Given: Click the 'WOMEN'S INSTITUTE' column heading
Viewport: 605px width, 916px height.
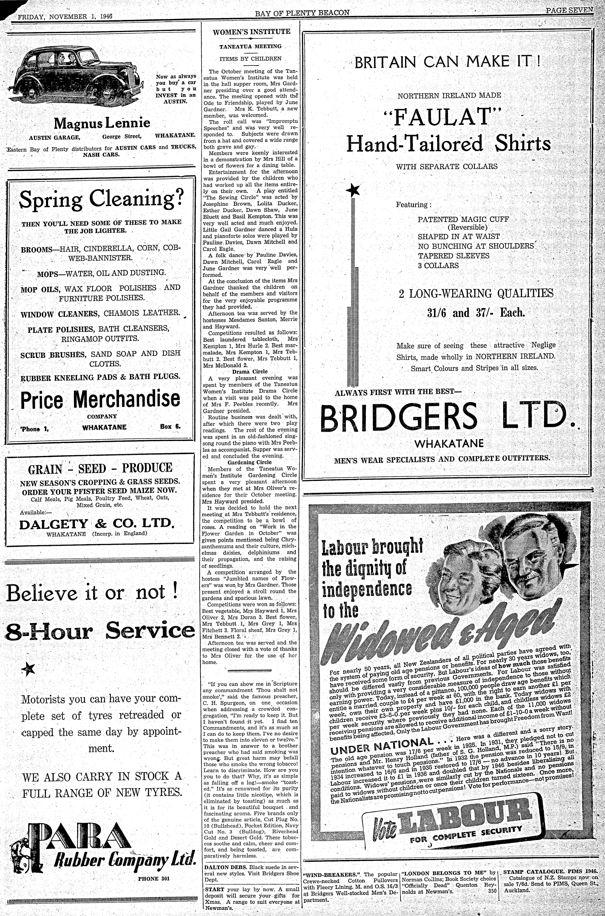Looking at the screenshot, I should coord(251,32).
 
